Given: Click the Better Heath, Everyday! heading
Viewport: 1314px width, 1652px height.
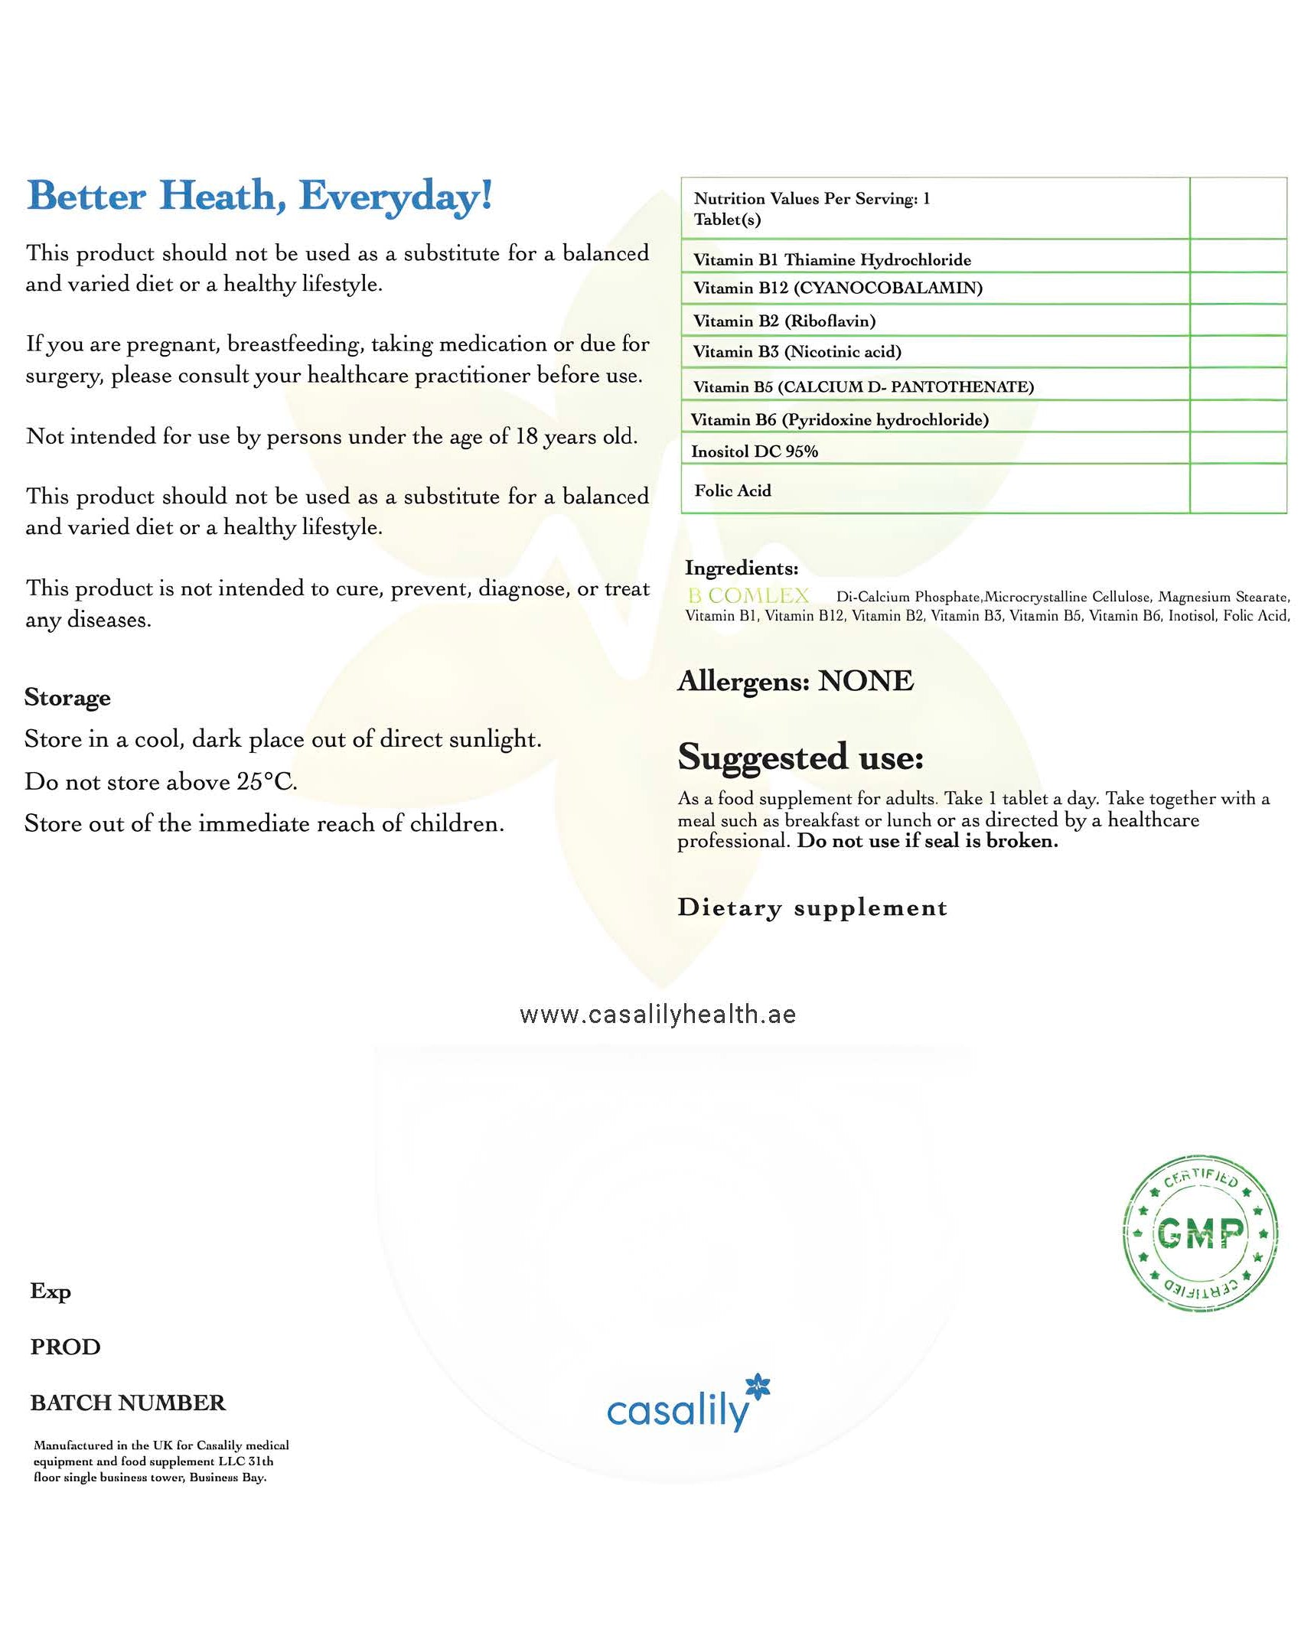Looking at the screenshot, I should pyautogui.click(x=259, y=196).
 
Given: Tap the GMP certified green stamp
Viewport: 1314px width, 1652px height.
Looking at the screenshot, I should pyautogui.click(x=1200, y=1233).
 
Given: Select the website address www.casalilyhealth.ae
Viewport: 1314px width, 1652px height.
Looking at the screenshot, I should pyautogui.click(x=657, y=1015).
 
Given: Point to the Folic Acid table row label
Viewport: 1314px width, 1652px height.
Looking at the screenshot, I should pyautogui.click(x=732, y=490).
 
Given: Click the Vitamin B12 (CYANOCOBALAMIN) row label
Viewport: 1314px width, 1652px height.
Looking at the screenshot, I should pyautogui.click(x=837, y=288).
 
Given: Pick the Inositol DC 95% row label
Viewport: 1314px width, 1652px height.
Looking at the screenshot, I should pyautogui.click(x=754, y=451).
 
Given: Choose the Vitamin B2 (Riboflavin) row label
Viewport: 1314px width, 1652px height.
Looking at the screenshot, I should pyautogui.click(x=784, y=321).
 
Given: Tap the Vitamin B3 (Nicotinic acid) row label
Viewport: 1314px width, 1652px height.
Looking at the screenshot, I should pyautogui.click(x=797, y=352).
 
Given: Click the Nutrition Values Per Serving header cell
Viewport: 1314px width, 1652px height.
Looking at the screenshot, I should pyautogui.click(x=811, y=208).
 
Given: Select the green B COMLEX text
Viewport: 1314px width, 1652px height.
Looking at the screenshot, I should pyautogui.click(x=748, y=595).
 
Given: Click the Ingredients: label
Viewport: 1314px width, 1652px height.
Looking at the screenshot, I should pyautogui.click(x=741, y=568).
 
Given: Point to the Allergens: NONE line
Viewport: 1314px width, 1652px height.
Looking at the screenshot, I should pyautogui.click(x=795, y=680).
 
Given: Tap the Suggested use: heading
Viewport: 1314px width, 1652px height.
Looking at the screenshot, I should pyautogui.click(x=800, y=757).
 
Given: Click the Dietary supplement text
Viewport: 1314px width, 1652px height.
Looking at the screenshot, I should pyautogui.click(x=812, y=907).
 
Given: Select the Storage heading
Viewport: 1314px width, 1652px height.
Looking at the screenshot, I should pyautogui.click(x=67, y=697).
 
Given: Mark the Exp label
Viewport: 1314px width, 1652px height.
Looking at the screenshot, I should pyautogui.click(x=51, y=1291).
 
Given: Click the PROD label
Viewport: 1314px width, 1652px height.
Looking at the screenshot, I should pyautogui.click(x=65, y=1347).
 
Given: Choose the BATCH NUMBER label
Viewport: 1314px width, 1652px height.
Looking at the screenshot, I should pyautogui.click(x=128, y=1403).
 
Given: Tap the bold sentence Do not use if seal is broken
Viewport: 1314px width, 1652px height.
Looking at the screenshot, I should pyautogui.click(x=927, y=842).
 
